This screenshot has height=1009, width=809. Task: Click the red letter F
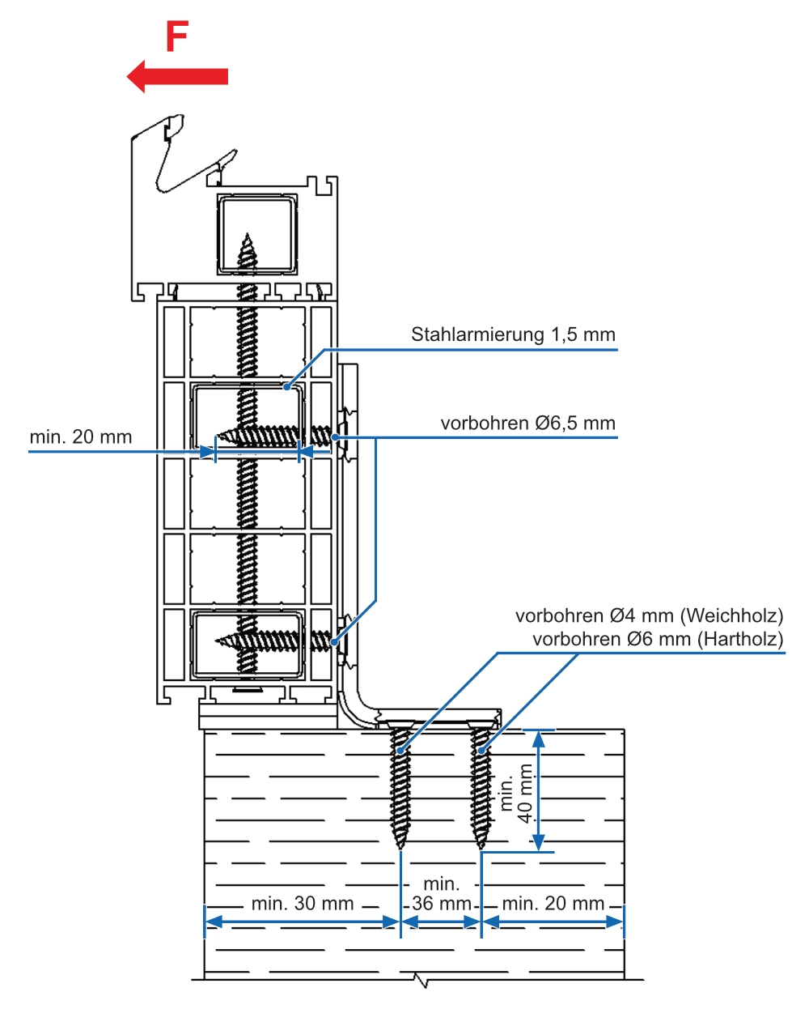177,36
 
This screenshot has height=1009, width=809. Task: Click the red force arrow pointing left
177,76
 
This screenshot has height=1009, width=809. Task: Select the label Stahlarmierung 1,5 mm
513,334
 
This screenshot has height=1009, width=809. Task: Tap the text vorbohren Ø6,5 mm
527,423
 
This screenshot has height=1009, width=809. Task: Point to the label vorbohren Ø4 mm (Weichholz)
649,616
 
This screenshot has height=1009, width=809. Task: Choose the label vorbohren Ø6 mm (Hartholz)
658,639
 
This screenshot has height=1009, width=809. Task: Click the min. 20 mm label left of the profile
80,437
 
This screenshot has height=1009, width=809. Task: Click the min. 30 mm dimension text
302,904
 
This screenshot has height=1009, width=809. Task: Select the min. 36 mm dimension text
441,894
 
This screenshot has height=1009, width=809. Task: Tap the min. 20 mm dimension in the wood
553,904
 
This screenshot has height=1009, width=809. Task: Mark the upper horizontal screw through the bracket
275,436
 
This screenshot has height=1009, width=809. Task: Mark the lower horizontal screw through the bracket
275,641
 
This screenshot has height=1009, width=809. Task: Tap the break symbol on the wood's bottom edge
420,981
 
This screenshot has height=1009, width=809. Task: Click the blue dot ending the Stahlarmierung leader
286,388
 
